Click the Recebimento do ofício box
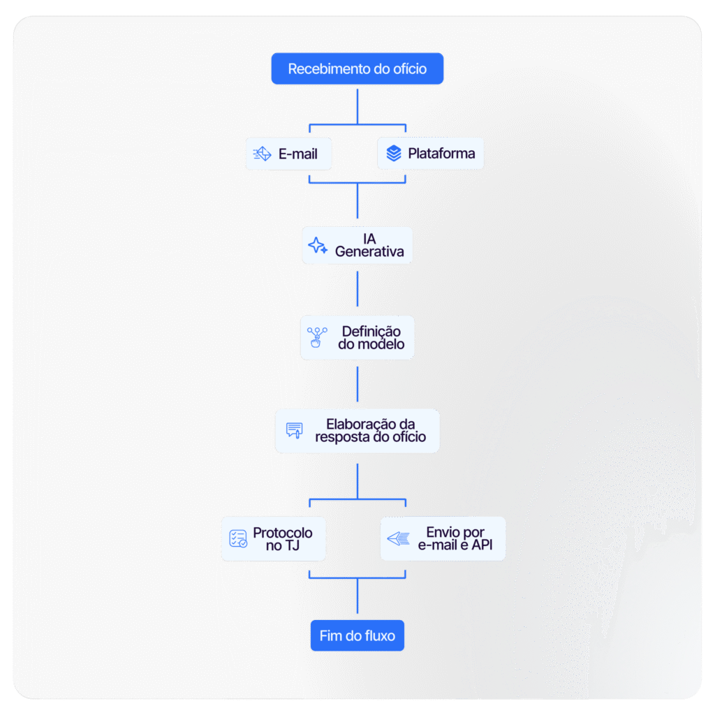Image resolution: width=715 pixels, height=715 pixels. tap(357, 68)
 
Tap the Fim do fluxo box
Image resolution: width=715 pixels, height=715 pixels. tap(357, 635)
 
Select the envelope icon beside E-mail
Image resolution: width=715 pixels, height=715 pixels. tap(263, 154)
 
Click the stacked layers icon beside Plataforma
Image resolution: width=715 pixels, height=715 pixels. tap(394, 153)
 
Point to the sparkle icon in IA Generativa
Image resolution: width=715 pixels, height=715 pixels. tap(318, 245)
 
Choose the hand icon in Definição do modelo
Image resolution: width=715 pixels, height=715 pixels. tap(316, 337)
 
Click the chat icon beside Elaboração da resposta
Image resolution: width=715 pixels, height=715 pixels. tap(294, 430)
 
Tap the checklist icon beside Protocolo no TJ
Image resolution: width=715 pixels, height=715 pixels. tap(238, 538)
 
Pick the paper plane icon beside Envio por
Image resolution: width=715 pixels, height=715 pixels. tap(399, 538)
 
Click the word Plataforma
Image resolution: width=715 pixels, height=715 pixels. tap(441, 153)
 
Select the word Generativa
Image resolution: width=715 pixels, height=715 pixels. tap(369, 251)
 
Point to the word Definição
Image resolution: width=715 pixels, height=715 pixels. tap(371, 332)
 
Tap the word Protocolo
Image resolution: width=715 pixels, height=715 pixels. tap(283, 533)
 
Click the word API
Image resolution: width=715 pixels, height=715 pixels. tap(482, 545)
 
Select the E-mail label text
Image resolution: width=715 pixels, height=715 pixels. tap(297, 154)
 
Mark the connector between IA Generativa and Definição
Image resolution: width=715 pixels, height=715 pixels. tap(357, 289)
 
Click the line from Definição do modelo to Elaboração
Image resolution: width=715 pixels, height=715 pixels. tap(357, 384)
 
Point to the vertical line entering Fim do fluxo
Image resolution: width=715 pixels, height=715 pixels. tap(357, 596)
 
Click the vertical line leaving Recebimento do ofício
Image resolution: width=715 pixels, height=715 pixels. tap(357, 107)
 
